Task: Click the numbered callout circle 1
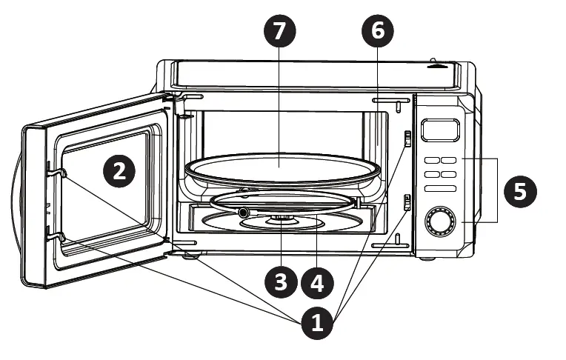click(317, 324)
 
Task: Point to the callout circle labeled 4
click(317, 281)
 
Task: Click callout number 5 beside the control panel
click(521, 190)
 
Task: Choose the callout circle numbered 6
click(378, 30)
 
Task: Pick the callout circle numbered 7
click(279, 30)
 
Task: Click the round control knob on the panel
click(439, 221)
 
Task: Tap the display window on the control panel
click(435, 130)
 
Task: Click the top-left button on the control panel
click(430, 160)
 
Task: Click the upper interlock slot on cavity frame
click(407, 139)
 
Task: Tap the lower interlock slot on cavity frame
click(407, 201)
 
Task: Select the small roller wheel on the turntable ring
click(242, 213)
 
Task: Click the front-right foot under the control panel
click(429, 259)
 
